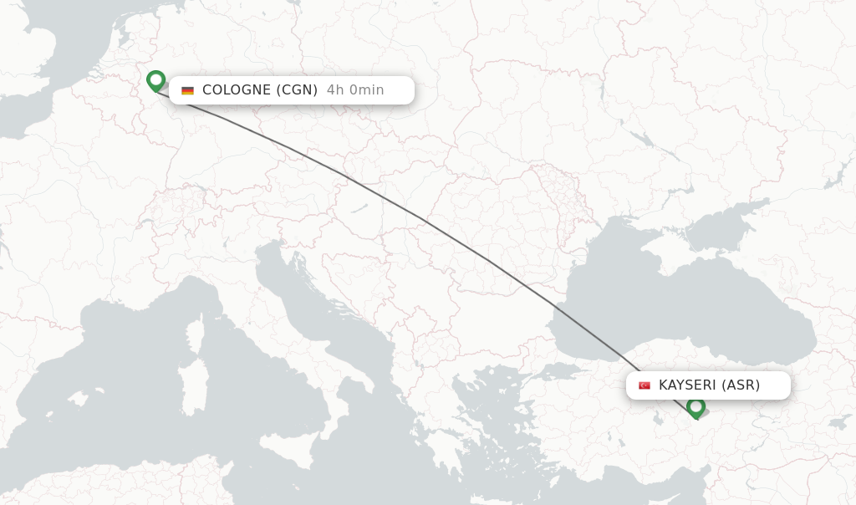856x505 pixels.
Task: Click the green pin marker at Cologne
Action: pyautogui.click(x=155, y=81)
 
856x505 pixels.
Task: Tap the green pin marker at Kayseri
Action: pyautogui.click(x=695, y=407)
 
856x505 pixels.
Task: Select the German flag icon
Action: pyautogui.click(x=187, y=90)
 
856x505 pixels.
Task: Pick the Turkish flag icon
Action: pyautogui.click(x=645, y=385)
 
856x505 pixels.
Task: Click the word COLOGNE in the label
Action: pyautogui.click(x=237, y=90)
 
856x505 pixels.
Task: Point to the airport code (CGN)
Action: pyautogui.click(x=297, y=90)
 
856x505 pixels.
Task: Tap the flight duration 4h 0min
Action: pyautogui.click(x=355, y=90)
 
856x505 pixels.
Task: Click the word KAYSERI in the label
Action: pyautogui.click(x=688, y=385)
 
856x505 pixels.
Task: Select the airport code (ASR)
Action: pyautogui.click(x=741, y=385)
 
